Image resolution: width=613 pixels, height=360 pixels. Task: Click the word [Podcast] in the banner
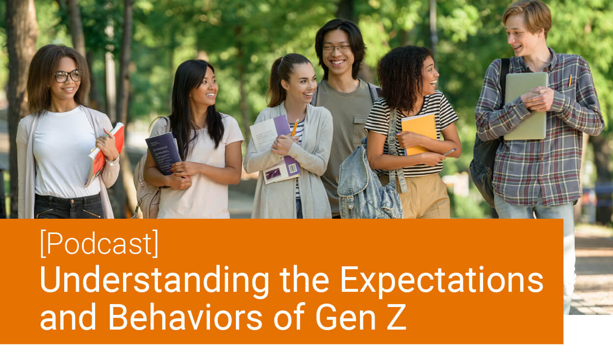100,243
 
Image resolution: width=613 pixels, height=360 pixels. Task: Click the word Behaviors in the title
185,317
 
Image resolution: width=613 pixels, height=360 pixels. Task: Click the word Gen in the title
346,316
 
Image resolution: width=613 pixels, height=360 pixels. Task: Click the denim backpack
369,180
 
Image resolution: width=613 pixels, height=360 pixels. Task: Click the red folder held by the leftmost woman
105,154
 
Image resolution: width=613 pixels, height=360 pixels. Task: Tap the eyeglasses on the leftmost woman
68,76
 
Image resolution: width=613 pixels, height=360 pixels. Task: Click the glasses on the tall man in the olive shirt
336,49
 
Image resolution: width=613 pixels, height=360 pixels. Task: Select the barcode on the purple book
293,169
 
